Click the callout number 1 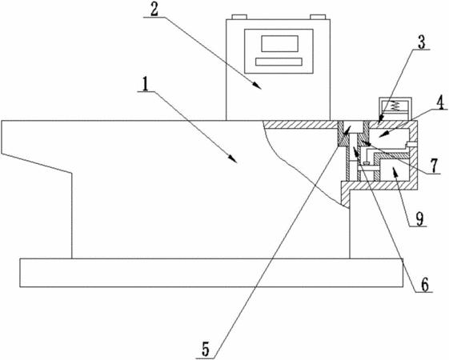(x=146, y=84)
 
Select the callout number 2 (x=154, y=10)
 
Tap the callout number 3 (x=421, y=42)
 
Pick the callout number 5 (x=206, y=349)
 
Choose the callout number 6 (x=424, y=285)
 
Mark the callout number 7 (x=435, y=166)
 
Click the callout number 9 (x=419, y=219)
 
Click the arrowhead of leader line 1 (x=234, y=160)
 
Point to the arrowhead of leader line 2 (x=257, y=86)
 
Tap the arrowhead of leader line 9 (x=395, y=171)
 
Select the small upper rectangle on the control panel (x=280, y=43)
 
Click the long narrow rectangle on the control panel (x=279, y=62)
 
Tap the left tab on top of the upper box (x=239, y=17)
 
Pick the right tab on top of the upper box (x=318, y=17)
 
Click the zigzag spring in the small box (x=395, y=106)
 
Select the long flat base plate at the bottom (x=211, y=273)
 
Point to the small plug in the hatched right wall (x=411, y=144)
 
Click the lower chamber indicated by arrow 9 (x=394, y=170)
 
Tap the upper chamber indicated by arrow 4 (x=389, y=138)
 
